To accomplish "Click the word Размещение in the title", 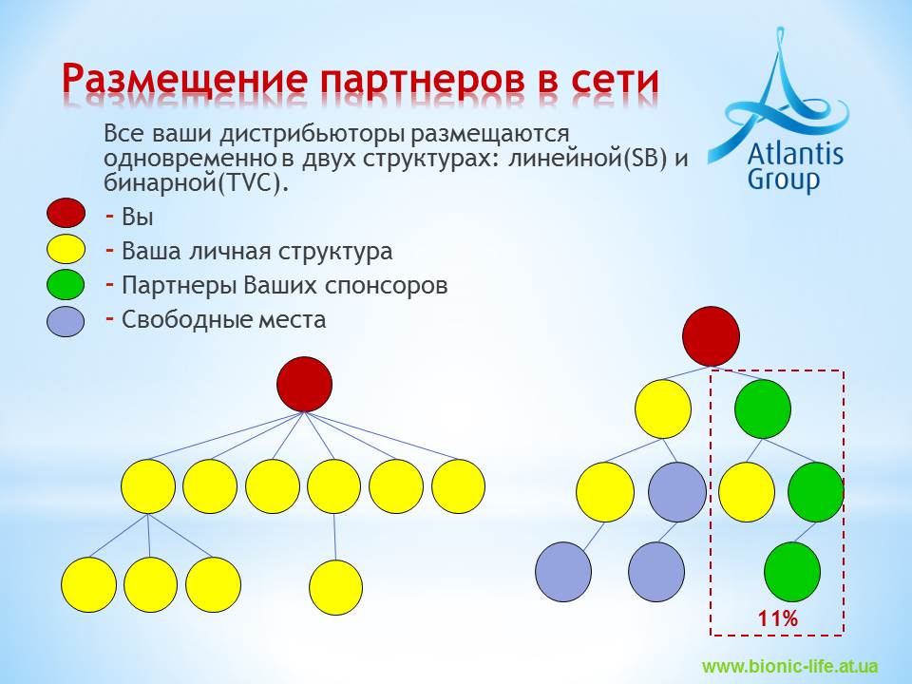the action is (x=184, y=79).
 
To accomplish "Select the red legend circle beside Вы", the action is (x=66, y=212).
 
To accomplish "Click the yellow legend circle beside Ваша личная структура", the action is (x=66, y=249).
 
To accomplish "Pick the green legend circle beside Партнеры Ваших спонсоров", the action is (x=66, y=284).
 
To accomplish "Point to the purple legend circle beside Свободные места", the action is (x=66, y=322).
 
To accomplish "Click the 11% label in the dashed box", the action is (x=778, y=618).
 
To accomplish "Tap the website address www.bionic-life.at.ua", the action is (x=789, y=666).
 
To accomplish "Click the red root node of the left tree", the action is (x=304, y=385).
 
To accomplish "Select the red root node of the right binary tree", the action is (x=711, y=336).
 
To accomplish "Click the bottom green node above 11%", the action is (x=792, y=572).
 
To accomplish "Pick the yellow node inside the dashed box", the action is (x=747, y=491).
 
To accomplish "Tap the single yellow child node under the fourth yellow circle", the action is (x=335, y=587).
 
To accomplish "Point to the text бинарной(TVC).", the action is (x=196, y=183).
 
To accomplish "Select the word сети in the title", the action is (x=615, y=79).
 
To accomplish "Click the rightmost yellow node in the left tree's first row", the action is (x=458, y=486).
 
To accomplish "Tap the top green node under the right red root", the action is (x=763, y=408).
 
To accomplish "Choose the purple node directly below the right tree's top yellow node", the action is (x=677, y=491).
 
